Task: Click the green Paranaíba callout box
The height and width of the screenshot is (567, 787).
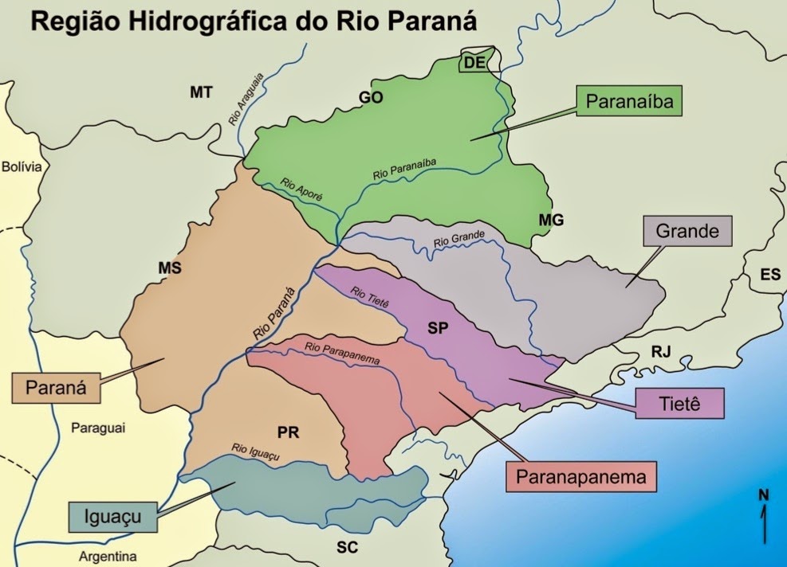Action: point(630,102)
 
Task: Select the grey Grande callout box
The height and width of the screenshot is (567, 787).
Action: point(687,232)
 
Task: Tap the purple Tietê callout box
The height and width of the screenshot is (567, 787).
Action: point(680,403)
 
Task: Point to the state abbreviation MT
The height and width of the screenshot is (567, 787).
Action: point(201,92)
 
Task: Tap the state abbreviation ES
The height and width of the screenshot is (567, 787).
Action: point(770,275)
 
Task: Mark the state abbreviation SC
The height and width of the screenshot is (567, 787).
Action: point(346,548)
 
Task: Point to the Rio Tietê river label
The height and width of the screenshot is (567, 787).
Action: point(368,295)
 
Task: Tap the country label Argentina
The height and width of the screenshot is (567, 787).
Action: point(108,556)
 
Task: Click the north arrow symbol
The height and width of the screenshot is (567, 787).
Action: point(764,518)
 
